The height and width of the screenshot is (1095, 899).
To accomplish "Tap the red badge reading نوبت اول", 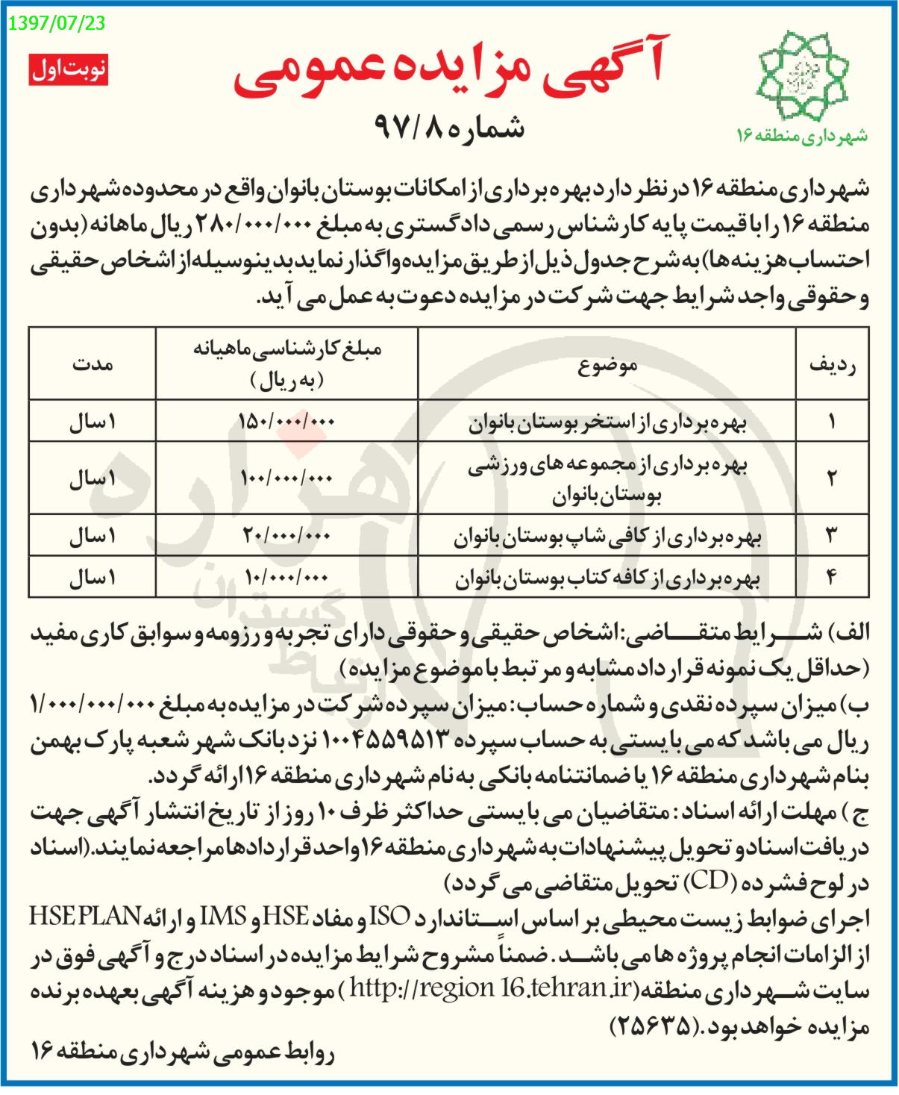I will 69,69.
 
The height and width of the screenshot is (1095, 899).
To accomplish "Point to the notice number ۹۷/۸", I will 448,127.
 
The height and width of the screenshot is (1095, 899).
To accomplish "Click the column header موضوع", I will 607,365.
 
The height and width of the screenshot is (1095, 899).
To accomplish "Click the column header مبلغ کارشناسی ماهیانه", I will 287,364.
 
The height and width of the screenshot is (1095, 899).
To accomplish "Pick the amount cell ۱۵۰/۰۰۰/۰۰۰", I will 287,422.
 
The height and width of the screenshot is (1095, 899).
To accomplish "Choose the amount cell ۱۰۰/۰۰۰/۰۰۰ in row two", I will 287,478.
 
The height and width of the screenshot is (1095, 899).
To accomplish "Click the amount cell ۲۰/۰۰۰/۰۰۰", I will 287,535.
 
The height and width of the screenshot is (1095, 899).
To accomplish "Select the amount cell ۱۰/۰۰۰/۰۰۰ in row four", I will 287,577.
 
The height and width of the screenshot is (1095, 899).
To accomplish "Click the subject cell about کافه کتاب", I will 607,578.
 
